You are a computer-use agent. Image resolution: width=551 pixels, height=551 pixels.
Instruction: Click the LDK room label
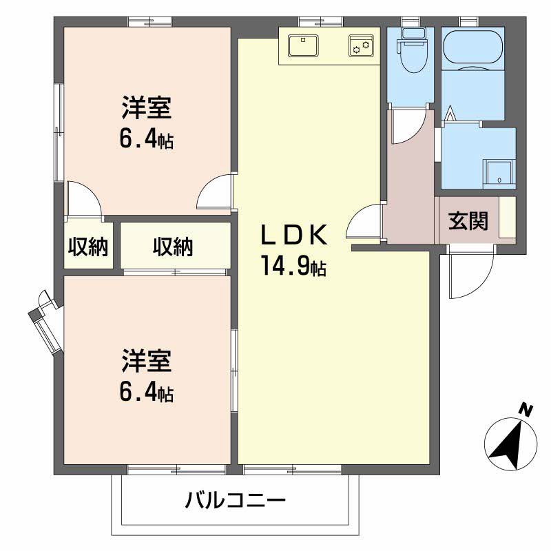[x=292, y=236]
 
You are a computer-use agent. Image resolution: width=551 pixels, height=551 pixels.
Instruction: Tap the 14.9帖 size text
[x=292, y=264]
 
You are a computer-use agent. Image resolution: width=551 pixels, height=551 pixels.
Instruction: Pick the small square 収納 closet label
[x=88, y=247]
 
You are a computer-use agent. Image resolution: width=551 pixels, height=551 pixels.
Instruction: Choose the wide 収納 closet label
[x=173, y=247]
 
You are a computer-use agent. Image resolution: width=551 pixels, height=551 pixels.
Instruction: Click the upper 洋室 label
[x=146, y=108]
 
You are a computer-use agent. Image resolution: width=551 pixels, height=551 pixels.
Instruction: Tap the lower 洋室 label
[x=146, y=360]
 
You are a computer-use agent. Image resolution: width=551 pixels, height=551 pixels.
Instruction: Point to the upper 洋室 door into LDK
[x=216, y=193]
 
